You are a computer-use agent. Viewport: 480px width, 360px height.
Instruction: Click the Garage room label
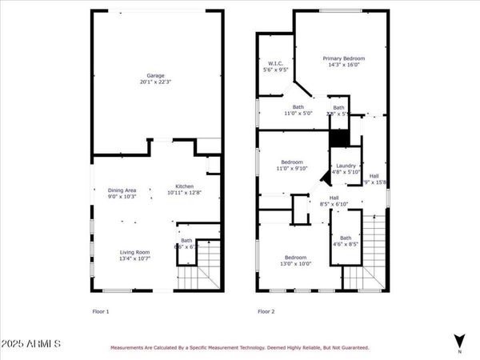[155, 75]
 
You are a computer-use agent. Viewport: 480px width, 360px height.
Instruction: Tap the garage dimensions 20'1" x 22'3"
[155, 82]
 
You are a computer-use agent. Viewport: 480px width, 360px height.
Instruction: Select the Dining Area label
[122, 190]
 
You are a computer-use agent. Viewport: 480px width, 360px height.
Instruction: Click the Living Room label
[135, 251]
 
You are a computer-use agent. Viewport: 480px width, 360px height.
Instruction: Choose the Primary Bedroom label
[344, 58]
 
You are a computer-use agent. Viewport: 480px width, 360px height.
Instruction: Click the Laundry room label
[346, 166]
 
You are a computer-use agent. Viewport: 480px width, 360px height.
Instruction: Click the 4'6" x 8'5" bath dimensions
[346, 244]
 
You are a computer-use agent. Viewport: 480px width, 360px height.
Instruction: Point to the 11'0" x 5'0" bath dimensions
[298, 114]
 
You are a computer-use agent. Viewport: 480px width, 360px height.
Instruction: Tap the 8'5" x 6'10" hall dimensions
[334, 205]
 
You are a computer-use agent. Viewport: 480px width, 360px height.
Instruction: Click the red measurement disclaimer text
[239, 348]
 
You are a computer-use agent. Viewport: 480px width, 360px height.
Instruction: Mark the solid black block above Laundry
[339, 138]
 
